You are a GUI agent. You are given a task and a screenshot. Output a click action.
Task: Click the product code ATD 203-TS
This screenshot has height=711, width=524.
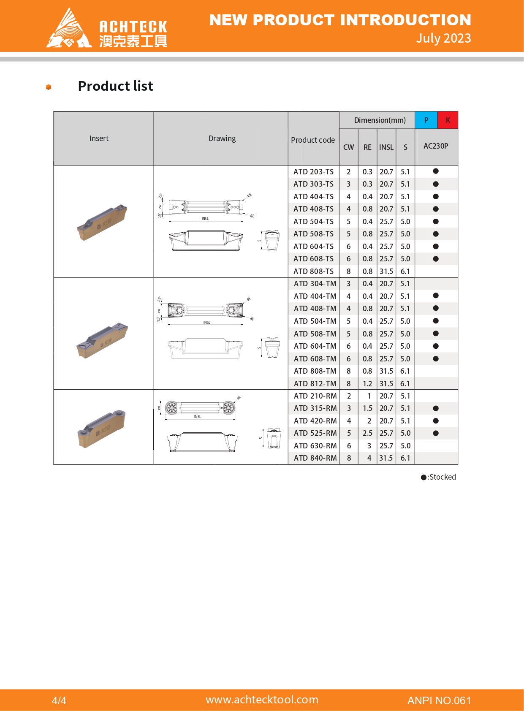click(313, 172)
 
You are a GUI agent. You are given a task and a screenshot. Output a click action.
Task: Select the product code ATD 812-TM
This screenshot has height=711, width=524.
click(315, 384)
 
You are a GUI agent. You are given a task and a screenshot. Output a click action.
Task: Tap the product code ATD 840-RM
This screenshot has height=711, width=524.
click(315, 458)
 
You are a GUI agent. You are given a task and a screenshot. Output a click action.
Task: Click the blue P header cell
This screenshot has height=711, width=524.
click(426, 120)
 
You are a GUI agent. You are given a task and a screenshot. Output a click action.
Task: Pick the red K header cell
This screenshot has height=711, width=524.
click(448, 120)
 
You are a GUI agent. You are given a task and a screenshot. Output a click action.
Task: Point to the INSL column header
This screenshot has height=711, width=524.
click(386, 147)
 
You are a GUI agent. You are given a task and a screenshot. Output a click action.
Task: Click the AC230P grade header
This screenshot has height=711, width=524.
click(436, 146)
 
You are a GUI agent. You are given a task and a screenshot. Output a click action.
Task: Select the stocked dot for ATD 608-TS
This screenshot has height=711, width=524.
click(436, 259)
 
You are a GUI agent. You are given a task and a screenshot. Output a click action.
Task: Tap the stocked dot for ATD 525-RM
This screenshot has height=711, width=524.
click(436, 433)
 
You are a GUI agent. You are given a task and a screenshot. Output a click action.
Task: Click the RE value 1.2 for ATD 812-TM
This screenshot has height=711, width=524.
click(367, 384)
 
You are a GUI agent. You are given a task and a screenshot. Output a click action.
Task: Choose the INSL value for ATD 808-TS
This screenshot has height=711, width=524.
click(386, 271)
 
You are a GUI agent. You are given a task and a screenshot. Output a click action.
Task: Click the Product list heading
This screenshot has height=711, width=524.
click(115, 86)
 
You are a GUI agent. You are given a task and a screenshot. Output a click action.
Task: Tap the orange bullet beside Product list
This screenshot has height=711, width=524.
click(49, 87)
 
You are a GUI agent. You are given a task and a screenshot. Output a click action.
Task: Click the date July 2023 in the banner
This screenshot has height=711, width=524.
click(443, 38)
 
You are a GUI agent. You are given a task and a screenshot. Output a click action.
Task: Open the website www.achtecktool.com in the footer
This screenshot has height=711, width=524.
click(262, 700)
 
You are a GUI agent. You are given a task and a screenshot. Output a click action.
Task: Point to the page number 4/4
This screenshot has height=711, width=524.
click(59, 701)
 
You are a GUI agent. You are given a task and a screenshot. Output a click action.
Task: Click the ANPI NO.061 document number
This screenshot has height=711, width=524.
click(439, 701)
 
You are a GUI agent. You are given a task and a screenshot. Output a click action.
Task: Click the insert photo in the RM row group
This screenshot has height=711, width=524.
click(102, 429)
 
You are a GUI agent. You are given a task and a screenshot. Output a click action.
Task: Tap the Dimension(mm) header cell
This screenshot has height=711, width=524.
click(380, 120)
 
